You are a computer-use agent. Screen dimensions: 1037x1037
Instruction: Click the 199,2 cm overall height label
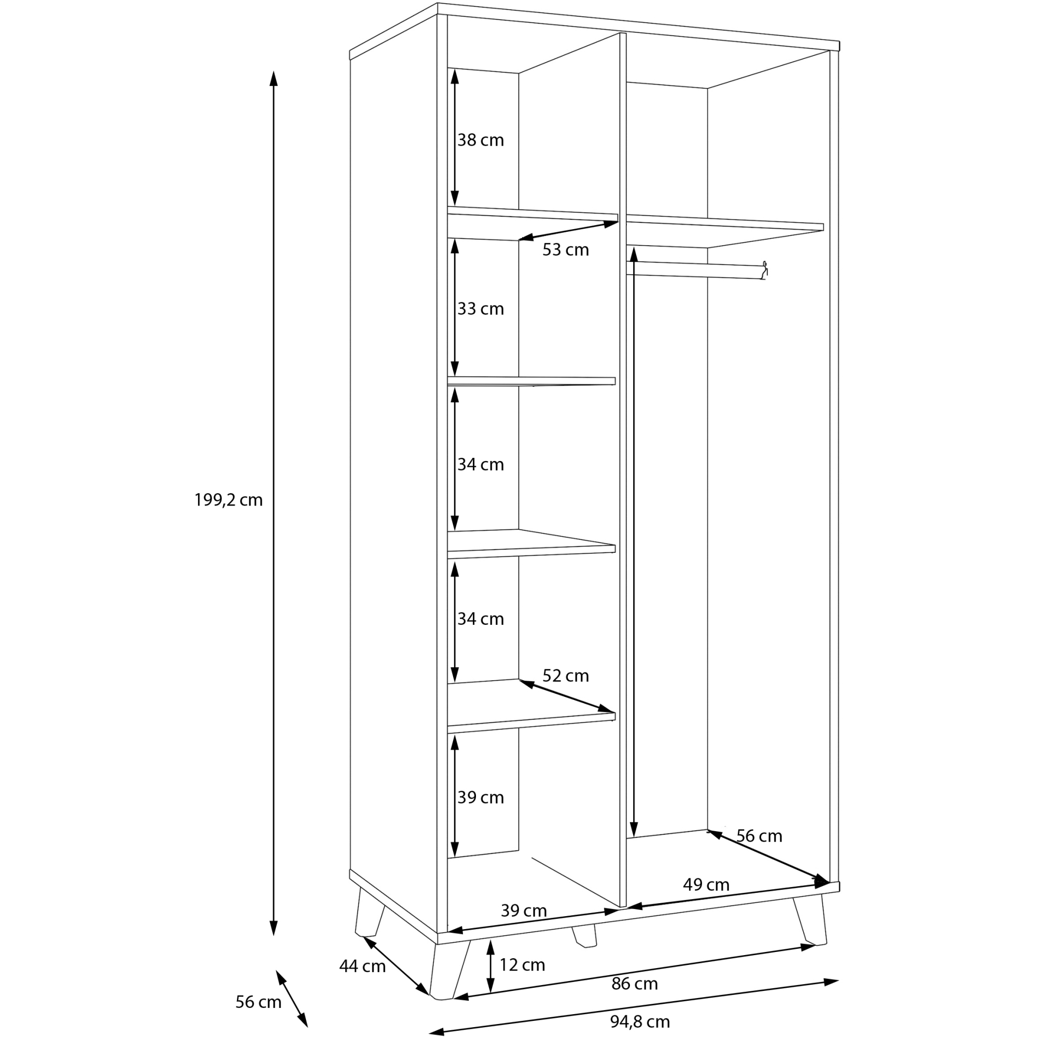(x=229, y=500)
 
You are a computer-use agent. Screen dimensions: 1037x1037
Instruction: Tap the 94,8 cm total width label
(x=640, y=1021)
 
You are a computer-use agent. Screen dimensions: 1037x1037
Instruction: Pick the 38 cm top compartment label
(x=481, y=140)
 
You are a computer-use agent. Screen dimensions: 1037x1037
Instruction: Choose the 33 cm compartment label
(x=481, y=309)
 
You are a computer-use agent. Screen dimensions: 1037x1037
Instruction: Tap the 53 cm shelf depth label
(x=566, y=249)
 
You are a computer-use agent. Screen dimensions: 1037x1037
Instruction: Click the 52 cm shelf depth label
(x=566, y=675)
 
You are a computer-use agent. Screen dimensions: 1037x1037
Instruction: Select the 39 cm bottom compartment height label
(x=481, y=797)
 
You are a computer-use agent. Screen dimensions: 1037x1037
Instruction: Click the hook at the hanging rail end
(x=765, y=270)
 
